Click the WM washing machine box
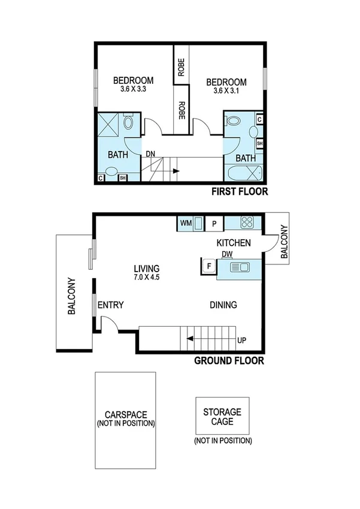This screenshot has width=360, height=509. click(x=186, y=224)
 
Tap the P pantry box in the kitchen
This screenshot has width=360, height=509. click(x=214, y=224)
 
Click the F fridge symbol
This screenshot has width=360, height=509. click(x=208, y=266)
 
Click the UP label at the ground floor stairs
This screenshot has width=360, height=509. click(x=241, y=341)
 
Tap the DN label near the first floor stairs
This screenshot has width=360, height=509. click(x=150, y=154)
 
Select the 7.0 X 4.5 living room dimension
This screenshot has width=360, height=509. click(x=146, y=278)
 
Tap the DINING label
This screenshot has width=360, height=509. click(x=223, y=305)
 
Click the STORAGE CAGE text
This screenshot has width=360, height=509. click(x=222, y=417)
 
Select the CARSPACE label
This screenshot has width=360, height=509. click(x=125, y=414)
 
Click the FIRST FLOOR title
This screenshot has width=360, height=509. click(x=238, y=192)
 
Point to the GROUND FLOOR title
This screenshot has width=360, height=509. click(x=229, y=361)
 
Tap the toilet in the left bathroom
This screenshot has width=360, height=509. click(x=129, y=124)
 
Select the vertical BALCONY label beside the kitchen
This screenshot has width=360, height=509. click(x=284, y=242)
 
